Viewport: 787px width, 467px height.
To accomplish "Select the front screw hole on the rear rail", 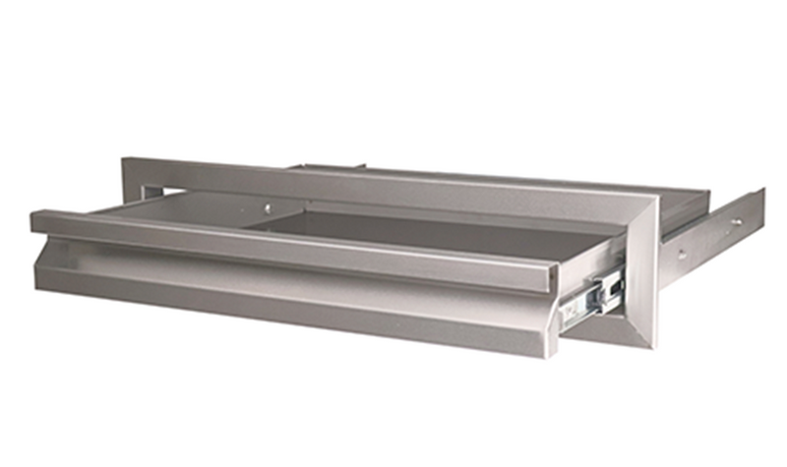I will (682, 254).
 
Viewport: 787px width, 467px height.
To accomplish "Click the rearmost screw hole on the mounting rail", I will (736, 222).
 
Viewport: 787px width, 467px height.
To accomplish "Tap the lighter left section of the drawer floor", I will (197, 208).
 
